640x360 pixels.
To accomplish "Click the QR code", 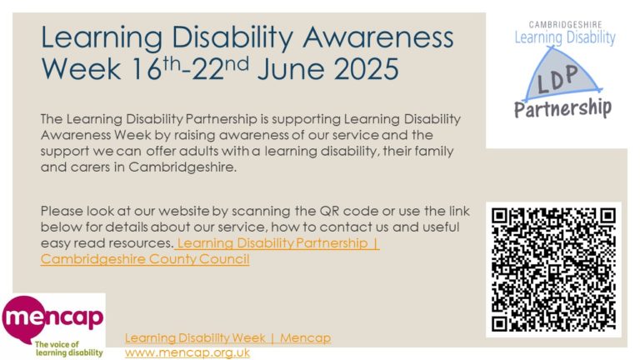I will click(x=553, y=268).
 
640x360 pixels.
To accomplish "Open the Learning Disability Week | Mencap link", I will click(x=227, y=337).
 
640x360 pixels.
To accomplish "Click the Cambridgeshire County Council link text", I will click(x=145, y=259).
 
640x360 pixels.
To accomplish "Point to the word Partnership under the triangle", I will click(x=561, y=108).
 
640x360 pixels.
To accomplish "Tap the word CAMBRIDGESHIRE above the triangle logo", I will click(x=566, y=24).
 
